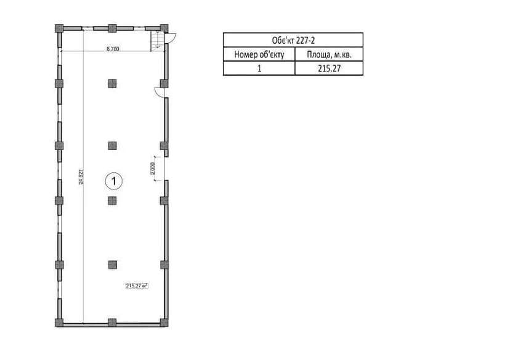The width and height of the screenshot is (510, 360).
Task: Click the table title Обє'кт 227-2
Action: tap(293, 41)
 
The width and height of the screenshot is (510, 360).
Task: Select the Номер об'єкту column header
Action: tap(259, 55)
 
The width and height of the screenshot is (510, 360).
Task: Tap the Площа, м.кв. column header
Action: tap(329, 55)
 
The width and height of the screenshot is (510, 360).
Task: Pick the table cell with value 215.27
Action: tap(329, 68)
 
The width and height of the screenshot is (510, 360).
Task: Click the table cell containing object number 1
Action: tap(259, 68)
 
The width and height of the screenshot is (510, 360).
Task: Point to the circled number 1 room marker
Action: tap(114, 181)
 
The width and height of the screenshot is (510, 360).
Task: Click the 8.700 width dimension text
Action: tap(113, 49)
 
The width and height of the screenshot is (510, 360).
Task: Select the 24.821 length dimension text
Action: tap(81, 177)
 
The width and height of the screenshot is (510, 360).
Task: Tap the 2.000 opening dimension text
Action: tap(153, 168)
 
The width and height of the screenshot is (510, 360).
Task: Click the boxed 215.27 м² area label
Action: tap(137, 286)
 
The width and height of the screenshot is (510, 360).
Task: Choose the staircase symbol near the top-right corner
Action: tap(157, 41)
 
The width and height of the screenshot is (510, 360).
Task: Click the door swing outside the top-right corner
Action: tap(171, 38)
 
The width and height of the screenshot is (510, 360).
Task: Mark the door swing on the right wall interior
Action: tap(160, 92)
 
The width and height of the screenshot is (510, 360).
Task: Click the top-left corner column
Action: tap(59, 28)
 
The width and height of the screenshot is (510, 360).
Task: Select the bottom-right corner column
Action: tap(164, 322)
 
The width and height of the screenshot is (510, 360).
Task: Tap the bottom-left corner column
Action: tap(59, 322)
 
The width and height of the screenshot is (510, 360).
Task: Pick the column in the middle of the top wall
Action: tap(112, 28)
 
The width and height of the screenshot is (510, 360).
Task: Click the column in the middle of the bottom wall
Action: tap(112, 322)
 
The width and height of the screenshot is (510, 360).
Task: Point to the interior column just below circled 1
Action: tap(112, 201)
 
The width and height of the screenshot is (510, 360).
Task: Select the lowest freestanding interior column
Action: tap(112, 265)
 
